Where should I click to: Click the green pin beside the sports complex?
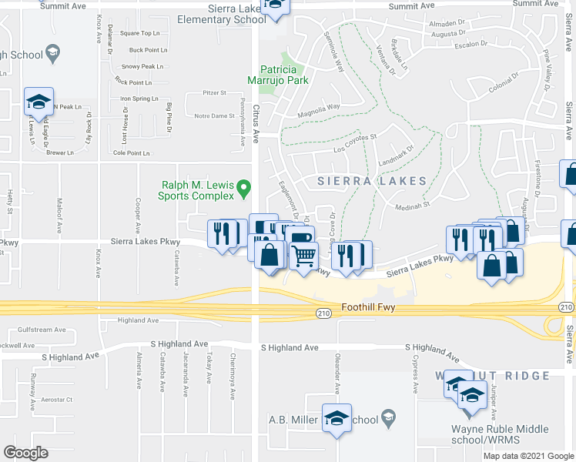(244, 186)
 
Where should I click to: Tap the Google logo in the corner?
(25, 452)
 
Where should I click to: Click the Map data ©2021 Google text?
(528, 456)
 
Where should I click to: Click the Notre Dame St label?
(214, 115)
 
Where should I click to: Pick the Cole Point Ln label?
(131, 152)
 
